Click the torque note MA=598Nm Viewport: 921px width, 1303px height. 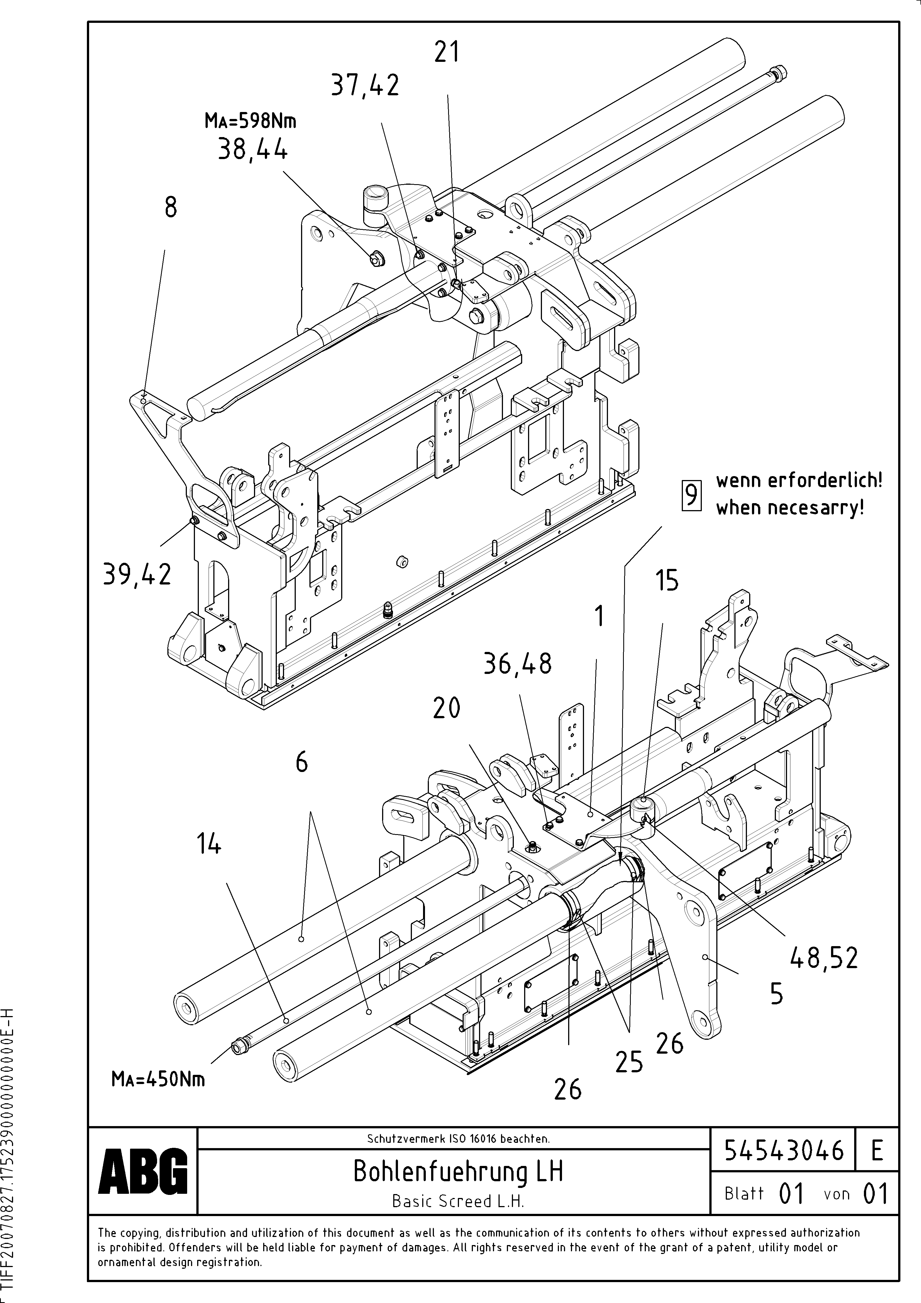(x=250, y=121)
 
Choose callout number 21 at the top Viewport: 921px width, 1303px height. (x=447, y=53)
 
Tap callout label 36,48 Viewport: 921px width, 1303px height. (x=517, y=663)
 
